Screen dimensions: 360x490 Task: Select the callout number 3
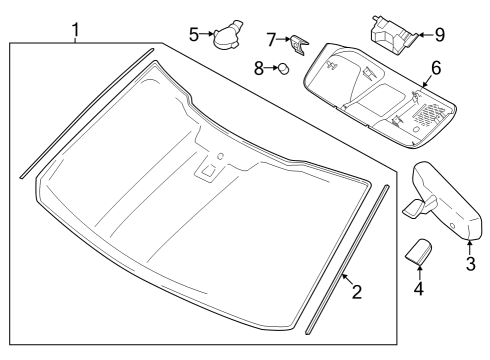tap(470, 264)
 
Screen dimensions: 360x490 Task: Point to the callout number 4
tap(419, 289)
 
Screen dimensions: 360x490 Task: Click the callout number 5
tap(194, 33)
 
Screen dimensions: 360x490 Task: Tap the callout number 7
tap(271, 39)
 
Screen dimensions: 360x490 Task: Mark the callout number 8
tap(257, 68)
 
